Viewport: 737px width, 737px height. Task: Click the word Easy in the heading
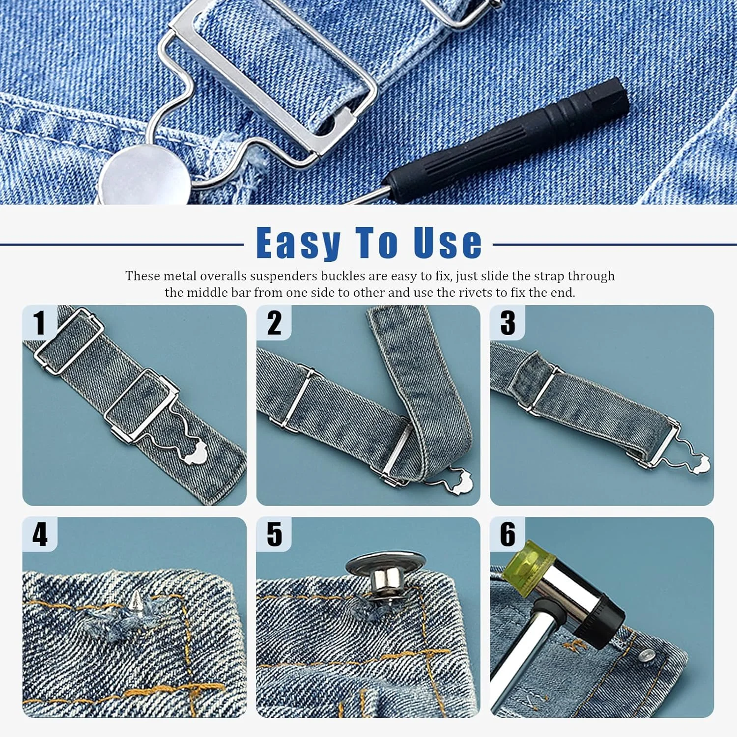pos(299,243)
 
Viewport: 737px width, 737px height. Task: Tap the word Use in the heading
pos(448,242)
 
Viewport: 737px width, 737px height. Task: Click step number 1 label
pos(39,323)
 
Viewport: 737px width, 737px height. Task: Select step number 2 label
pos(274,323)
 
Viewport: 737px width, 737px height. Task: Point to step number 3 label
pos(508,323)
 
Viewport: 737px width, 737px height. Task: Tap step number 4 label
pos(40,534)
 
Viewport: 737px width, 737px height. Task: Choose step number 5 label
pos(274,534)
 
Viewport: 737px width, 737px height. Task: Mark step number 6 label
pos(508,534)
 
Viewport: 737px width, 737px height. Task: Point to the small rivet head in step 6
pos(648,654)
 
